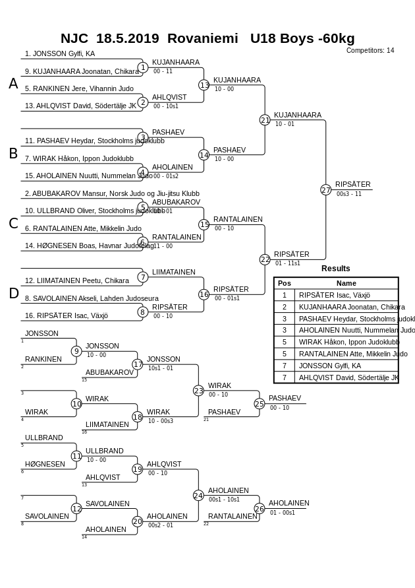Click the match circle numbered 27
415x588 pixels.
coord(325,190)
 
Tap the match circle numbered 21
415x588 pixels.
coord(265,120)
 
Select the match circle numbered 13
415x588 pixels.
coord(204,85)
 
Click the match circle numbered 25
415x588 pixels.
coord(260,404)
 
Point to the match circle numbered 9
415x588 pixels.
coord(76,352)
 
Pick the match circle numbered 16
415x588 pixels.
coord(204,294)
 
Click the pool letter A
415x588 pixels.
coord(13,84)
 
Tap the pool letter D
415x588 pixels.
coord(13,294)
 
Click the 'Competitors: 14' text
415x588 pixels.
coord(370,50)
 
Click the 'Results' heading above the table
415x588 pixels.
coord(335,269)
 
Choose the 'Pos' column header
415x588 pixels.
coord(285,283)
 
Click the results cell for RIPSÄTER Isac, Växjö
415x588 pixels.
coord(335,296)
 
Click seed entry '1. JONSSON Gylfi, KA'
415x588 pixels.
coord(60,53)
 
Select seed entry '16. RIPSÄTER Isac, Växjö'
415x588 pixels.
coord(67,316)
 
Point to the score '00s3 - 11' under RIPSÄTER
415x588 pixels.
coord(349,194)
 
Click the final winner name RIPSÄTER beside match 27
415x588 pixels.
coord(352,184)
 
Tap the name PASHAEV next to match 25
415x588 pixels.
coord(285,398)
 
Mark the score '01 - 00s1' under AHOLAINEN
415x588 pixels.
coord(283,513)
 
